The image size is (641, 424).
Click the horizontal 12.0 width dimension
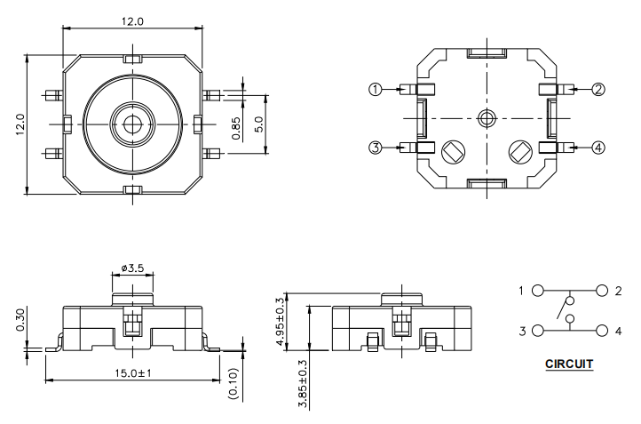132,20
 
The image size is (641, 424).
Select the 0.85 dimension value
235,129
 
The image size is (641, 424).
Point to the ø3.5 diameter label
133,266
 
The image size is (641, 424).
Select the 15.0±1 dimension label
133,373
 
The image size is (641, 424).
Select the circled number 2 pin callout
598,89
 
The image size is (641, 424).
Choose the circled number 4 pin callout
598,148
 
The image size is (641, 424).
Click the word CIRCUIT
568,364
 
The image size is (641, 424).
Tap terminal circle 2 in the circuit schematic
603,291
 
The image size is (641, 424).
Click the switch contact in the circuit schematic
561,310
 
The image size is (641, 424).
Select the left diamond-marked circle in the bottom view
451,152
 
